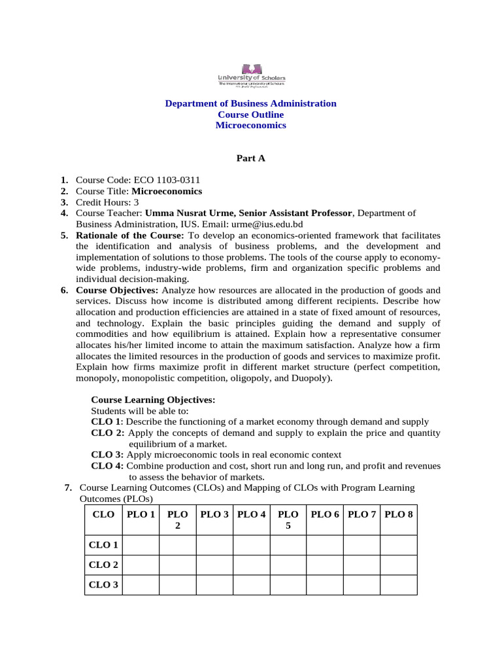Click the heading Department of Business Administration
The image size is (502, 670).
tap(250, 103)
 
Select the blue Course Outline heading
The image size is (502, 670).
tap(250, 115)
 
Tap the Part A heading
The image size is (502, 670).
tap(250, 158)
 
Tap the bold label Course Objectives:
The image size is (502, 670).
tap(117, 290)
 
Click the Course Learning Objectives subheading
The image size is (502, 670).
tap(152, 400)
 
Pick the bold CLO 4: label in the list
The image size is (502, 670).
tap(107, 465)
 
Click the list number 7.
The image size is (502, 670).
tap(67, 487)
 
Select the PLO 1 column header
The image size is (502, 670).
tap(141, 514)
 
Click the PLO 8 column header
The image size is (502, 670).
tap(399, 514)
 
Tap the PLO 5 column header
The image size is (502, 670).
tap(288, 520)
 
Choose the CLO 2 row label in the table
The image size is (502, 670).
tap(103, 565)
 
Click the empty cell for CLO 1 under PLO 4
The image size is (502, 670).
tap(251, 545)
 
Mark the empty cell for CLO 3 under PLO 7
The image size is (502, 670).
tap(361, 584)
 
